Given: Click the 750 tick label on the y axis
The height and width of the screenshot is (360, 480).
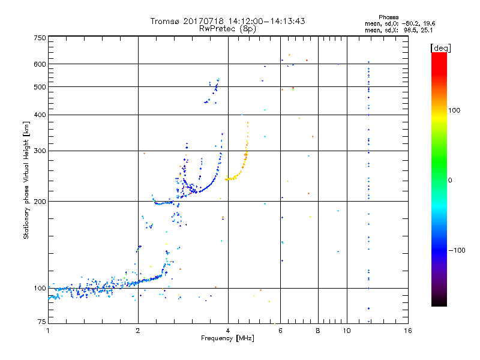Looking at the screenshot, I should coord(40,37).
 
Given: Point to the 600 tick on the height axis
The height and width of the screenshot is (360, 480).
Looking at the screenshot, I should coord(40,64).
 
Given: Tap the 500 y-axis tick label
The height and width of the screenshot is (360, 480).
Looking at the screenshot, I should coord(40,86).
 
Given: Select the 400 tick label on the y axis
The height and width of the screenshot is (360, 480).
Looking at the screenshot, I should coord(40,115).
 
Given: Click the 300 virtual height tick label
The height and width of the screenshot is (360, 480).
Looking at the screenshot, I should coord(40,151).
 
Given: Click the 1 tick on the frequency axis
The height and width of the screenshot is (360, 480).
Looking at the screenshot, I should coord(48,330).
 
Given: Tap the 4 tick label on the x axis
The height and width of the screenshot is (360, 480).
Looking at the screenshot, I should coord(228,330).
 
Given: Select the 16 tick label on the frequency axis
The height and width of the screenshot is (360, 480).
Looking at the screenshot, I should coord(408,330).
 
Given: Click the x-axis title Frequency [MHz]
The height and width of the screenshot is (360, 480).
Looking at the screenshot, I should coord(228,338).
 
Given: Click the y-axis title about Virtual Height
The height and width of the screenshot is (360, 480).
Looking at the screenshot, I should coord(26,180).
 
